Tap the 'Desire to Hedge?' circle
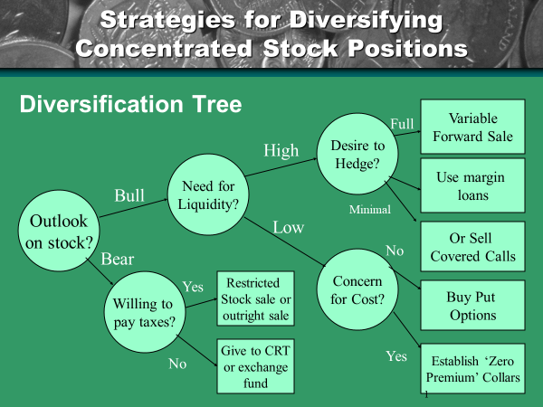(357, 153)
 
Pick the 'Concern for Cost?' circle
(357, 289)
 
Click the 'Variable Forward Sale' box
(472, 128)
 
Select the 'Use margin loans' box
(472, 186)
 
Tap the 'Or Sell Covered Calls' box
(472, 246)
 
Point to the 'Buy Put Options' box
(472, 306)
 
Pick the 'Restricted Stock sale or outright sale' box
(254, 299)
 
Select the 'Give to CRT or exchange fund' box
(254, 365)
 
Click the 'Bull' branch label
(129, 195)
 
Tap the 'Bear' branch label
(117, 260)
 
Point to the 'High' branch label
(281, 151)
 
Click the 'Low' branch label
(288, 227)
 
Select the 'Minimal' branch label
(370, 210)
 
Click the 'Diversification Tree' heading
(130, 105)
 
